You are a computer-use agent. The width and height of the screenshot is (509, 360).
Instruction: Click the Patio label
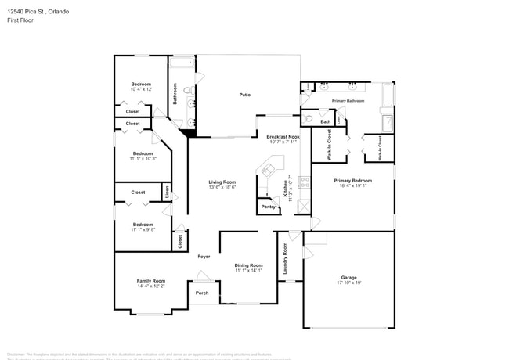[245, 95]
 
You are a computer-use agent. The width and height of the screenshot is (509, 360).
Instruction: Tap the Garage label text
[348, 278]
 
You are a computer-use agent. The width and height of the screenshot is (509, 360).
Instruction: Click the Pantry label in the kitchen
[268, 207]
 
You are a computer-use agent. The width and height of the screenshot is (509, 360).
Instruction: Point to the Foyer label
[204, 257]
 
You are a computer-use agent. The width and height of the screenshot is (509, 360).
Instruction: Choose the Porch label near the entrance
[202, 293]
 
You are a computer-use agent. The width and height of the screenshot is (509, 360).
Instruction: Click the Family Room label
[151, 280]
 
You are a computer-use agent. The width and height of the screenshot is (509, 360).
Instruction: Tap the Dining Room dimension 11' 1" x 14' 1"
[248, 271]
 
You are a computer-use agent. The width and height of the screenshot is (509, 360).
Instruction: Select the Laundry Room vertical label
[285, 258]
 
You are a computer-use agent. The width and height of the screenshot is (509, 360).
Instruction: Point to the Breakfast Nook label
[283, 136]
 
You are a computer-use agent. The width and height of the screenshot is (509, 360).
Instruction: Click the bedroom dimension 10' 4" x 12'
[141, 89]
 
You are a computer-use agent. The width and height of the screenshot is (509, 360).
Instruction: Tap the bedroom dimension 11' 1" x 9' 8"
[143, 229]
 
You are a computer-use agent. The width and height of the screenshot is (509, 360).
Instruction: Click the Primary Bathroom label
[349, 101]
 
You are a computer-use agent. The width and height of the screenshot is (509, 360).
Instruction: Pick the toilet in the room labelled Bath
[309, 120]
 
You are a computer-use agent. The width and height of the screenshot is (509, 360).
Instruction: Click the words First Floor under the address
[21, 20]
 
